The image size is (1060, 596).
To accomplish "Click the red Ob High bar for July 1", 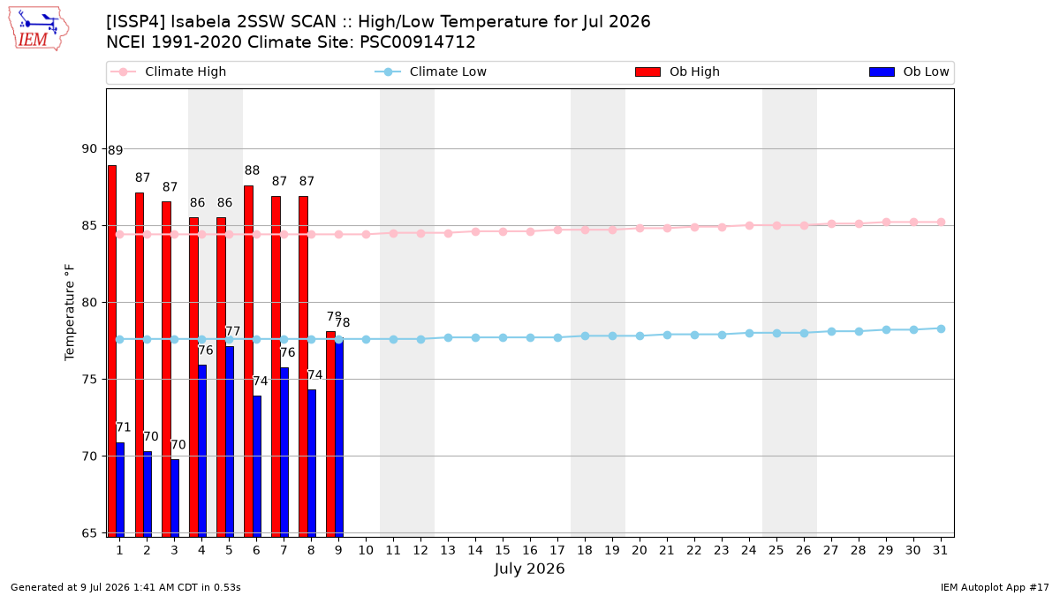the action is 112,351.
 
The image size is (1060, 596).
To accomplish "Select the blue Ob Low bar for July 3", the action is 175,498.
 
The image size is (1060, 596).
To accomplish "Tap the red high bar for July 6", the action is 248,361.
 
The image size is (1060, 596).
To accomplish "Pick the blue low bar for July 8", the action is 312,464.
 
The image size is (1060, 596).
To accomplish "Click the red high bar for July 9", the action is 330,434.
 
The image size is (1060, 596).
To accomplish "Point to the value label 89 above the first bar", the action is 115,150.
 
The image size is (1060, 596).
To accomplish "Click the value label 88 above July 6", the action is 252,170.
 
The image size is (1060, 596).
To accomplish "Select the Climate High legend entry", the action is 168,72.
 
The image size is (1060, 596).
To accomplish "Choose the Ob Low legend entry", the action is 909,72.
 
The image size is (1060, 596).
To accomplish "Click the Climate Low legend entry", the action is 431,72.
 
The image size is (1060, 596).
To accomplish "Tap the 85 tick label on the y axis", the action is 89,226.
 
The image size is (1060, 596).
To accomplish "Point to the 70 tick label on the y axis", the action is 89,456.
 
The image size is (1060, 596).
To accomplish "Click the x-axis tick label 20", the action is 640,550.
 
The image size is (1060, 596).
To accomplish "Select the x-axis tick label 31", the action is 940,550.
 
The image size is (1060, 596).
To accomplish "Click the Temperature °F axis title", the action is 70,313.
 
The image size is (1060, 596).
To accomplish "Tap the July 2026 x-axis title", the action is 529,569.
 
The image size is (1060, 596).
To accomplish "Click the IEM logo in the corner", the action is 38,29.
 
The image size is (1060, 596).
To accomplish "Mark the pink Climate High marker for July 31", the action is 942,223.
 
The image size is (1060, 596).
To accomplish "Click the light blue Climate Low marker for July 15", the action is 503,337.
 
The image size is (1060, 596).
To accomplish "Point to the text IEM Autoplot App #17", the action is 995,587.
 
